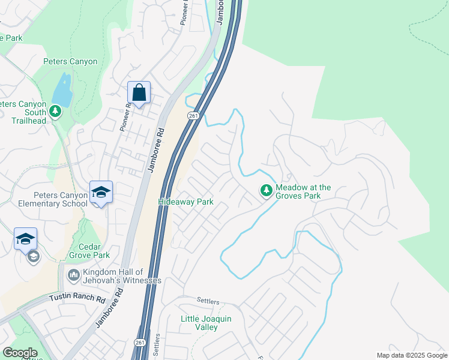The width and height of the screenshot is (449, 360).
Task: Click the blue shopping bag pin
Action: click(139, 93)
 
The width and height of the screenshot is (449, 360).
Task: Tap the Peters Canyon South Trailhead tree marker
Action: click(55, 111)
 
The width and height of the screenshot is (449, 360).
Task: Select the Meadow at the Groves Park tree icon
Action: click(266, 190)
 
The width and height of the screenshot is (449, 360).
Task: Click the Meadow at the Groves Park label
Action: click(303, 191)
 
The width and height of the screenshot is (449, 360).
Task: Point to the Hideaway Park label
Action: click(185, 202)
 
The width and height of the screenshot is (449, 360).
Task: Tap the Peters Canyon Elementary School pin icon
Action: click(101, 193)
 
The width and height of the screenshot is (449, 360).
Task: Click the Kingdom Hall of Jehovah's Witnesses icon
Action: click(73, 275)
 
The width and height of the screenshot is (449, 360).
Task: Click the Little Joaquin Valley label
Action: click(206, 323)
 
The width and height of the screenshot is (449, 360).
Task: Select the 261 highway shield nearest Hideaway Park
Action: click(192, 116)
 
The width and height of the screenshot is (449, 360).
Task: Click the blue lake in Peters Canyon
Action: click(61, 90)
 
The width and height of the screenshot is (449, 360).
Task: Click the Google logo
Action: click(19, 353)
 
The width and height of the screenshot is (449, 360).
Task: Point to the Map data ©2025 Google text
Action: click(411, 355)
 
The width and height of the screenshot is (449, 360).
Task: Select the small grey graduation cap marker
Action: click(33, 257)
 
